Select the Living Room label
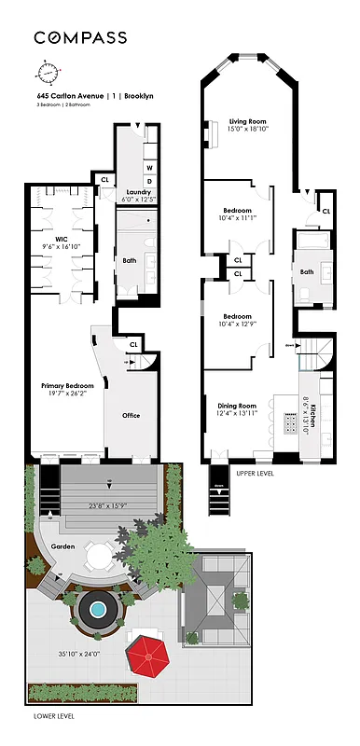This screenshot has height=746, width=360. tap(248, 120)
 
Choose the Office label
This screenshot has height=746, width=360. tap(131, 415)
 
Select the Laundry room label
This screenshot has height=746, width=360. tap(138, 192)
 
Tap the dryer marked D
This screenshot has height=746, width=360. tap(149, 181)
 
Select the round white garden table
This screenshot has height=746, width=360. tap(98, 557)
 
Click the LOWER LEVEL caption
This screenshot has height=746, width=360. tap(53, 716)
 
